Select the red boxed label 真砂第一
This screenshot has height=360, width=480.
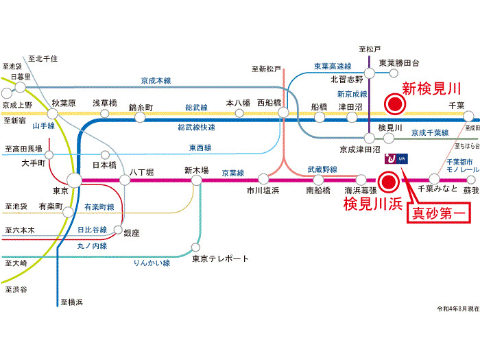(x=438, y=213)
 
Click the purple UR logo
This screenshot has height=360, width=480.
(x=393, y=158)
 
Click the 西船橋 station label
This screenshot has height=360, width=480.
(x=269, y=102)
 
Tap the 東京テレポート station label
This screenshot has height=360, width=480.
(x=220, y=259)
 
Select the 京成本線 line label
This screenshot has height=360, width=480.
(x=156, y=80)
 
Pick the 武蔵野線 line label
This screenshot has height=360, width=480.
(x=322, y=169)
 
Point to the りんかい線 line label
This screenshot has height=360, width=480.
(x=152, y=263)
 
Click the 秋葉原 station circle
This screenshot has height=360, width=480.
(x=58, y=114)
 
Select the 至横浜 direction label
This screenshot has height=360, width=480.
(x=71, y=302)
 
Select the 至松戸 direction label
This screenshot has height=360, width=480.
(x=370, y=49)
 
